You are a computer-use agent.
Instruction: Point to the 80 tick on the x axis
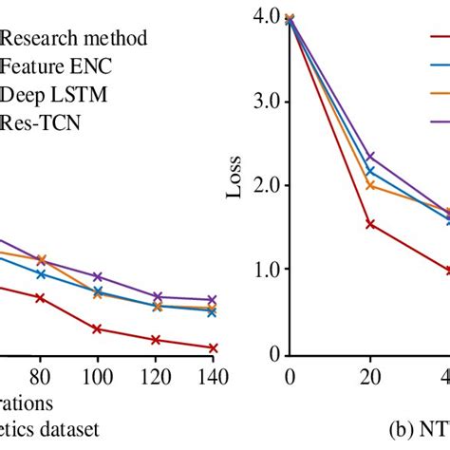[x=40, y=374]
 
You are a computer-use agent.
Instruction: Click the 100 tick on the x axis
[x=96, y=374]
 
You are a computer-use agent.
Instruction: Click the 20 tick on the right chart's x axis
[x=370, y=374]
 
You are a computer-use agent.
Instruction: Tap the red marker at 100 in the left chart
[x=97, y=329]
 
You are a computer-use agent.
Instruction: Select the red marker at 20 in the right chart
[x=370, y=224]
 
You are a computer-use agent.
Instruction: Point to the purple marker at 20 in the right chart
[x=370, y=156]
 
